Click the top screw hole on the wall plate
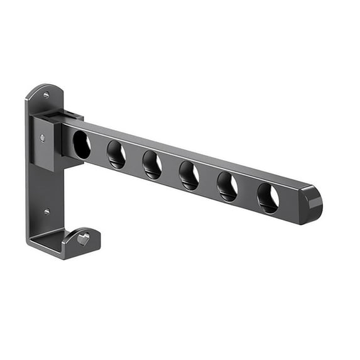point(46,95)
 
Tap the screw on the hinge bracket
point(43,138)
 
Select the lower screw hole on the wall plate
point(46,212)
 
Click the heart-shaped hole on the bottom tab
point(84,239)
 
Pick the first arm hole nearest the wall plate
point(82,145)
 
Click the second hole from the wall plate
point(116,155)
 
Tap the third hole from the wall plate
point(152,165)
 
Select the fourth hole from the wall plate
point(189,176)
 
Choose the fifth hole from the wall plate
point(227,187)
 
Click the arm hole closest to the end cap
point(268,198)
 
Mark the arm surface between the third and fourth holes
point(171,170)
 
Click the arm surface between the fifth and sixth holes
point(248,192)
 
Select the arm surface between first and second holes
point(99,150)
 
